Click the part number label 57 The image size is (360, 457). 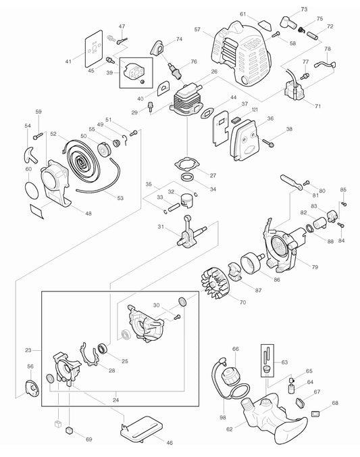[198, 30]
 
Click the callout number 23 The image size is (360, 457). [28, 350]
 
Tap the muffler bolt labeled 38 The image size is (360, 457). [270, 143]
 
